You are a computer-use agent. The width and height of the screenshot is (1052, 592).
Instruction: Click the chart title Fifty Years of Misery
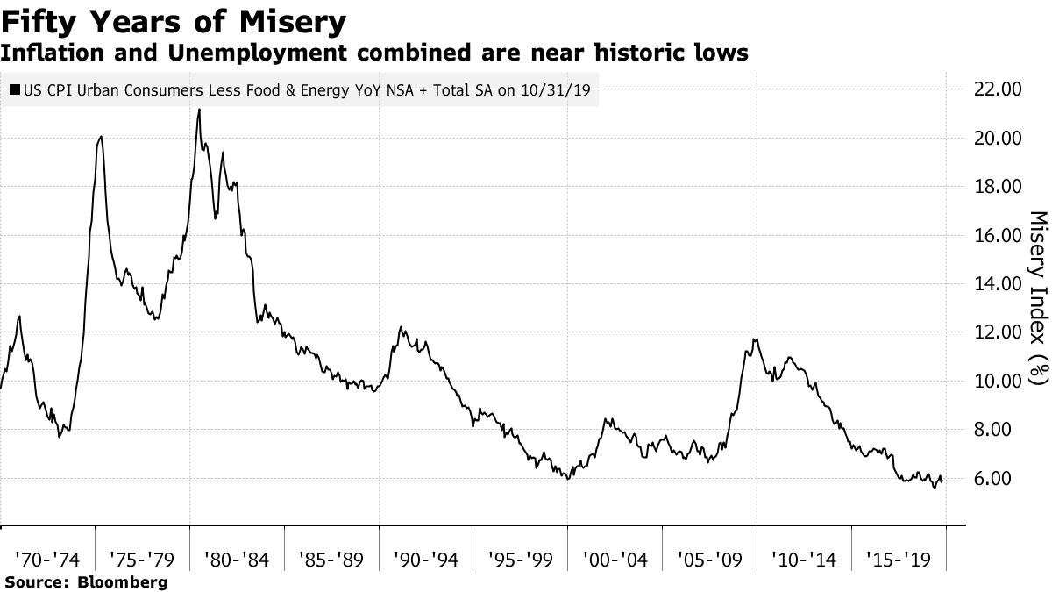173,19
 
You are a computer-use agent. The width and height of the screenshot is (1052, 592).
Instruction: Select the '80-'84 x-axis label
236,558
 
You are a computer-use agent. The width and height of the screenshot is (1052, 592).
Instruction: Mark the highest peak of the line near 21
199,110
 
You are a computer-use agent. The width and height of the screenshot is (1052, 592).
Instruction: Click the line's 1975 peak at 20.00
101,137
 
